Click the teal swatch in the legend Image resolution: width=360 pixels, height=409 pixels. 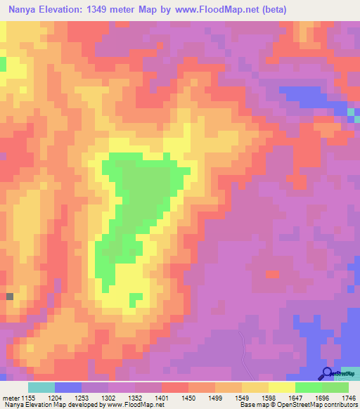(x=41, y=387)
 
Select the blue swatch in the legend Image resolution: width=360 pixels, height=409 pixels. (x=68, y=387)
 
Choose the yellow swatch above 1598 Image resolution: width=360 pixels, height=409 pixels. (x=282, y=387)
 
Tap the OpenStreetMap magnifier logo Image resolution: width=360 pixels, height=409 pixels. (x=328, y=374)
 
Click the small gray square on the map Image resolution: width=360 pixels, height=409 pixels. (x=10, y=297)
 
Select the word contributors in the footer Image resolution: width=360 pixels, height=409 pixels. (x=340, y=405)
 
